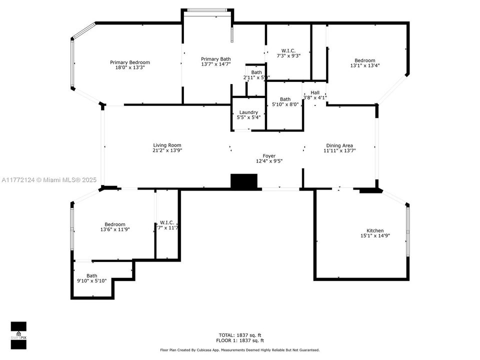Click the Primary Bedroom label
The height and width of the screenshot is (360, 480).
[130, 62]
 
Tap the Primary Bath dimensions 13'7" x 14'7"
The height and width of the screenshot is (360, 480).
[216, 64]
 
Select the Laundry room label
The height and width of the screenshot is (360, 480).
[248, 112]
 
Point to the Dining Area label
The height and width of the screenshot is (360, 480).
[339, 145]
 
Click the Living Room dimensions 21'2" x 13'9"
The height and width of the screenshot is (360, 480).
[167, 150]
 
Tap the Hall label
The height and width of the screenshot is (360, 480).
[315, 92]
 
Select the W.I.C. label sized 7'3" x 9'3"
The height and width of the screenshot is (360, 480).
[288, 50]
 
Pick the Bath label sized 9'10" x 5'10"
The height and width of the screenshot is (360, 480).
[92, 275]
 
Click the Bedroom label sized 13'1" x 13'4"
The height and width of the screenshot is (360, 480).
[365, 60]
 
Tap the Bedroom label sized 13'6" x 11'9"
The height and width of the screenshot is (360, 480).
[115, 224]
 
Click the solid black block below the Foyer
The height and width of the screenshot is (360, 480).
[244, 181]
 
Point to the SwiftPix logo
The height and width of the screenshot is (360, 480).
[18, 334]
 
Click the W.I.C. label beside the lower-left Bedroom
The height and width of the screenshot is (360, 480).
[167, 222]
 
